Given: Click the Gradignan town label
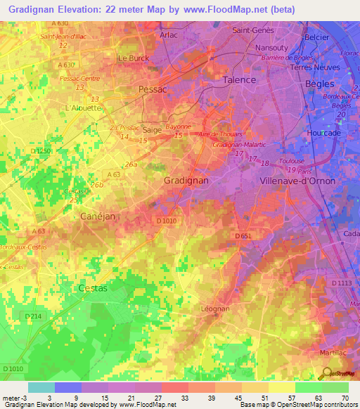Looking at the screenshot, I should coord(186,181).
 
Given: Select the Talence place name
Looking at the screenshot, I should coord(239,80).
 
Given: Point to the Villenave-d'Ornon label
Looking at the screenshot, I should coord(298,181).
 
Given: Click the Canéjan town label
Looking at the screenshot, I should coord(97,216).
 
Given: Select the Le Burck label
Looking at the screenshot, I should coord(133,58).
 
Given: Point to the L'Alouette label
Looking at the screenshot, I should coord(83,108).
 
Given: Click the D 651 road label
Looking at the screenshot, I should coord(243,235).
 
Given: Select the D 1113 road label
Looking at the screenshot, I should coord(341,283).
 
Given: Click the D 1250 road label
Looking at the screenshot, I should coord(42,151).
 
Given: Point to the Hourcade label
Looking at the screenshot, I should coord(324,133).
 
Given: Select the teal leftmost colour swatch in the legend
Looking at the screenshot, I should coord(41,387).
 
